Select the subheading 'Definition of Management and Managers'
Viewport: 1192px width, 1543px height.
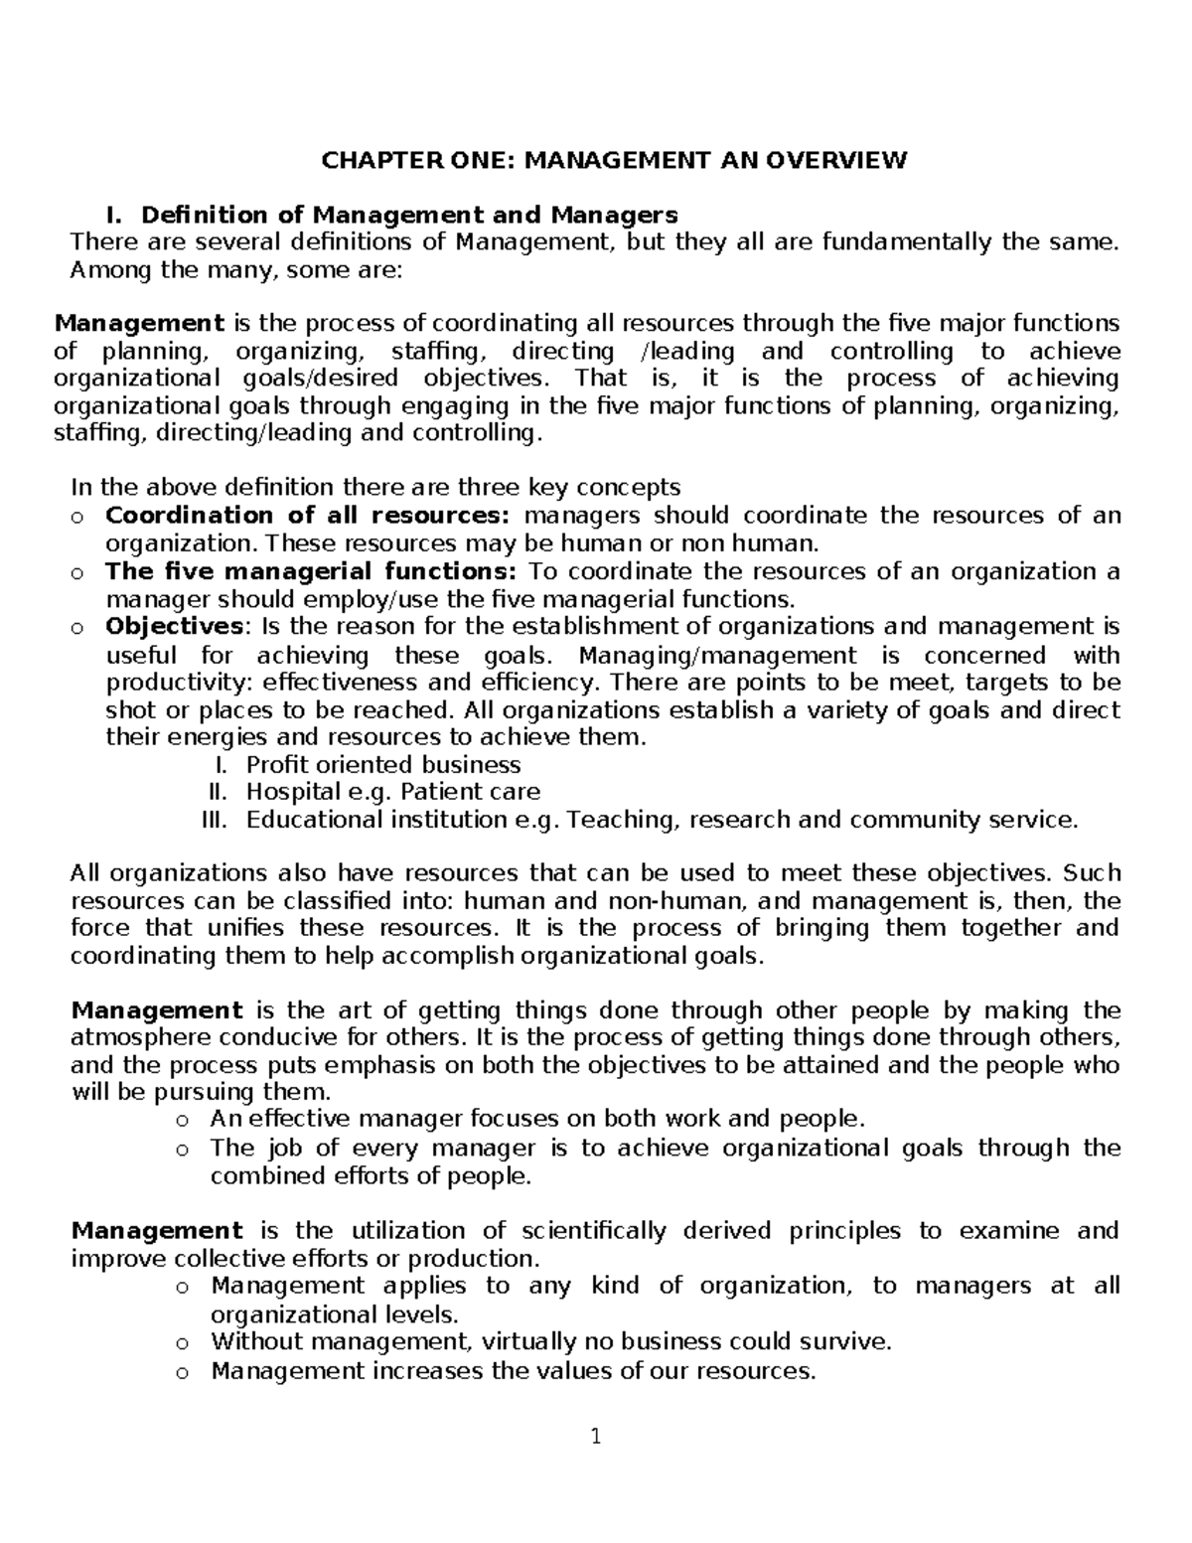click(x=409, y=215)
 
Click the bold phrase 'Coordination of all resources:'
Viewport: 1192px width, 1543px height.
click(x=307, y=515)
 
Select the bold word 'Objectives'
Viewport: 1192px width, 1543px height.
click(x=174, y=627)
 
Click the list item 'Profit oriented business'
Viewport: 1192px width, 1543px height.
click(x=383, y=765)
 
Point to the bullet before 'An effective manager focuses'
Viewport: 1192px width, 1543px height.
click(x=181, y=1121)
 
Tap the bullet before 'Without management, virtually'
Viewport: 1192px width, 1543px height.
click(x=181, y=1343)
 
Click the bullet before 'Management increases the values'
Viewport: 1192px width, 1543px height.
click(x=181, y=1373)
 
